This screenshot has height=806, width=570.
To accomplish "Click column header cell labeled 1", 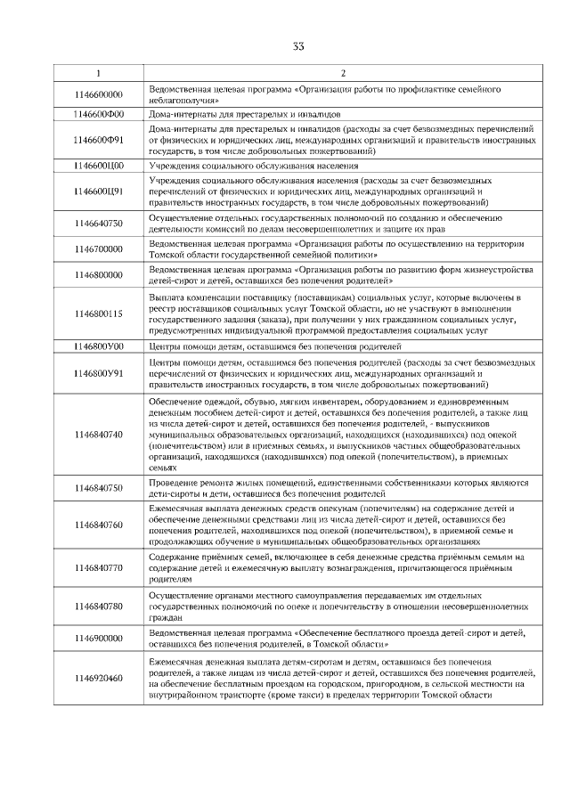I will [99, 72].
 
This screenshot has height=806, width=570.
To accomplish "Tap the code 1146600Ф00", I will [99, 114].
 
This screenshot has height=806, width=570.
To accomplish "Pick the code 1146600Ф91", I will [99, 140].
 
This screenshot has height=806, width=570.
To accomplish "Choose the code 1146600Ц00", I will [99, 166].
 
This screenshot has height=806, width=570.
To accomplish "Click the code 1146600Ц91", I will [99, 191].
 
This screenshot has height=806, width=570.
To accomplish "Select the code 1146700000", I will [99, 249].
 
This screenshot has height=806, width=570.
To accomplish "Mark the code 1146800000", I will [99, 275].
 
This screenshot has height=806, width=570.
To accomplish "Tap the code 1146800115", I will [99, 313].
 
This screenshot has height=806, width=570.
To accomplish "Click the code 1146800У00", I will [99, 346].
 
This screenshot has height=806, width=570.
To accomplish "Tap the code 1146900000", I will [99, 639].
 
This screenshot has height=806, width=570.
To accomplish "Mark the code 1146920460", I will [99, 679].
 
